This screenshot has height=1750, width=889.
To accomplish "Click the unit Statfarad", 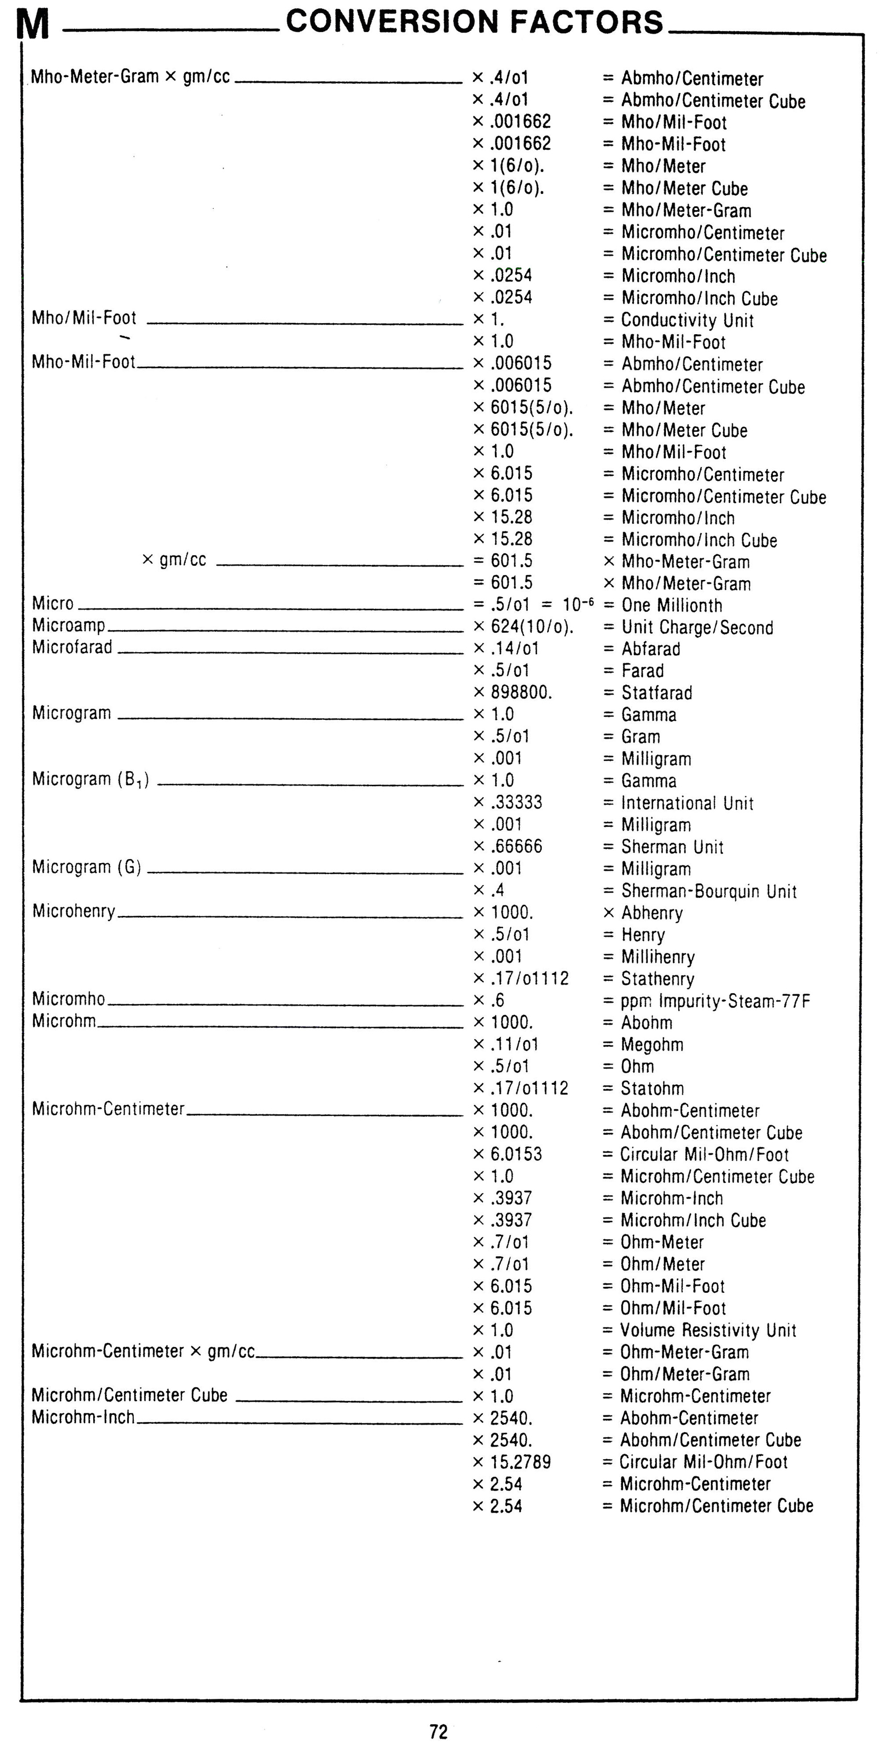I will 657,693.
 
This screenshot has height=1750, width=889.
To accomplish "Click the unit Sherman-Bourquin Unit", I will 709,891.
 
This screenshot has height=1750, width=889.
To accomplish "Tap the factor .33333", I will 516,802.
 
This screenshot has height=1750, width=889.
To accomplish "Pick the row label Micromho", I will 69,999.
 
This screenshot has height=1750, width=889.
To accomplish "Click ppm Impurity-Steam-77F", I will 715,1001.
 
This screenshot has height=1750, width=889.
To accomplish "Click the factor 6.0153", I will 516,1153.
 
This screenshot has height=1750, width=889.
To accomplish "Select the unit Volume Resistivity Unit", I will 708,1330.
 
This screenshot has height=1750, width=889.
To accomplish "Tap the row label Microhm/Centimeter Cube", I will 129,1395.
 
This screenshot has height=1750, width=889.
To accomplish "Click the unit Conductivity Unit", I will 687,320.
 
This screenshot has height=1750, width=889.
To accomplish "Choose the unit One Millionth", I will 672,605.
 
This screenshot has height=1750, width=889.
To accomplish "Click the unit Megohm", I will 652,1044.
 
